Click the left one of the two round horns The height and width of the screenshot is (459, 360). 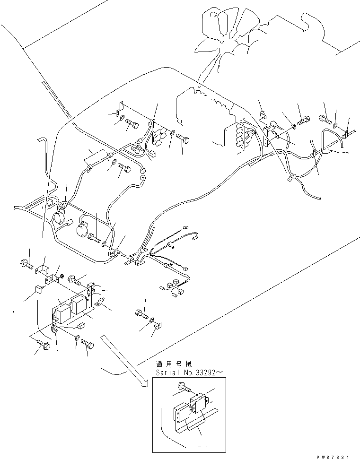tap(59, 218)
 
